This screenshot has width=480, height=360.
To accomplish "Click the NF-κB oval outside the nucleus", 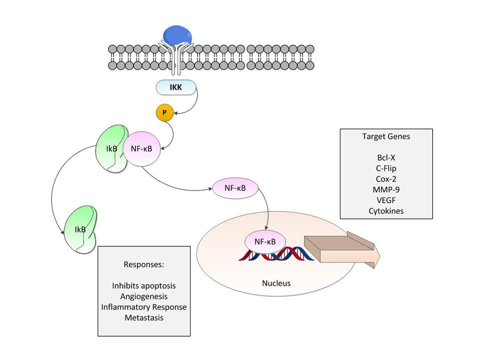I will [235, 188].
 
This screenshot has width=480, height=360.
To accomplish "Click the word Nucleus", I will [276, 283].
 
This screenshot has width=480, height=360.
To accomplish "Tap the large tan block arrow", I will [340, 250].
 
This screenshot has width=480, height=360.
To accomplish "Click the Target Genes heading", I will [386, 136].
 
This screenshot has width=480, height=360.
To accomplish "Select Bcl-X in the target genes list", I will [386, 157].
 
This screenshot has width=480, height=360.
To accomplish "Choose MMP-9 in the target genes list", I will [386, 189].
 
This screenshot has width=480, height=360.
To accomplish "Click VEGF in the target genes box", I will [386, 200].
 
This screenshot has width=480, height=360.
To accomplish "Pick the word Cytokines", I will [386, 211].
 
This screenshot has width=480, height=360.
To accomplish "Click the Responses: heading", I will [144, 264].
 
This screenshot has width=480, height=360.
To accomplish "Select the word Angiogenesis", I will [144, 296].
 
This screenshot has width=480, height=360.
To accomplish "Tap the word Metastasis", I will [144, 317].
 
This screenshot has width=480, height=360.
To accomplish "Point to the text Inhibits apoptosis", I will [144, 285].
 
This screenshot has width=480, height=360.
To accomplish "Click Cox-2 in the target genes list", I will [386, 179].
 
